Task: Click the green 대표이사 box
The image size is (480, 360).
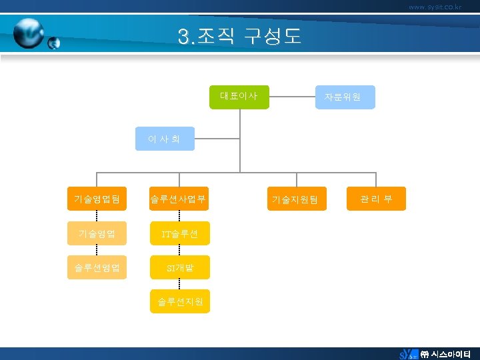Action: coord(239,97)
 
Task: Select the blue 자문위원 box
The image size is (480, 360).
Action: coord(343,97)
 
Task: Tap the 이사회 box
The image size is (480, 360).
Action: coord(165,139)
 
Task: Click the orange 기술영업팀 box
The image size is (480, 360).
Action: coord(97,199)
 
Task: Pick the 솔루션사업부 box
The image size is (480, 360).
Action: coord(178,199)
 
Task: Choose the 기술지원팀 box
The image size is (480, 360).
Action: coord(297,199)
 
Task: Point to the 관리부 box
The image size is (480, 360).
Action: coord(376,199)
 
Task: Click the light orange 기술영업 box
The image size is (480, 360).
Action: coord(97,233)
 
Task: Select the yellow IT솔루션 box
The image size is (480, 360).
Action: coord(178,233)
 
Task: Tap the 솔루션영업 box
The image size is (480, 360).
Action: coord(97,267)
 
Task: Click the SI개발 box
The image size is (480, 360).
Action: coord(178,267)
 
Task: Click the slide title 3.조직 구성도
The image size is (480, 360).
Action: coord(239,36)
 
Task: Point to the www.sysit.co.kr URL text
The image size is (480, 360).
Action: coord(435,7)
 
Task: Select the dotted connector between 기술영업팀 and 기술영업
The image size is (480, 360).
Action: coord(97,216)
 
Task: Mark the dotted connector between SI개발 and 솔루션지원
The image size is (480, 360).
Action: coord(178,285)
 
